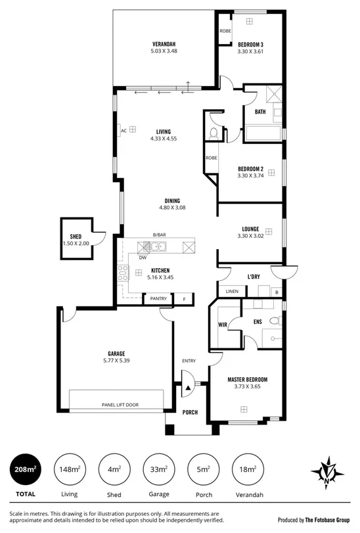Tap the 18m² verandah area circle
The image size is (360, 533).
click(x=248, y=469)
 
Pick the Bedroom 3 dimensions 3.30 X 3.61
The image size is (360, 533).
click(x=250, y=51)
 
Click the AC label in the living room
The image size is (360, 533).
click(x=123, y=130)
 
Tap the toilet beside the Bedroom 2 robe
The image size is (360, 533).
click(x=212, y=133)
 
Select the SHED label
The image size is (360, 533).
click(x=76, y=237)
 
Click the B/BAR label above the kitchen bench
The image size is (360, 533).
click(x=158, y=235)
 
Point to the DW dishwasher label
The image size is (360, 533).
click(x=142, y=258)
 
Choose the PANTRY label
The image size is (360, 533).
click(x=158, y=299)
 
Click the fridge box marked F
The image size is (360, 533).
click(x=184, y=299)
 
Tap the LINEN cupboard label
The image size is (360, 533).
click(x=231, y=290)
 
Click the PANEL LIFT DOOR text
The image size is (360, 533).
click(x=119, y=405)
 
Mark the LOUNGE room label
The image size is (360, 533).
click(x=250, y=229)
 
